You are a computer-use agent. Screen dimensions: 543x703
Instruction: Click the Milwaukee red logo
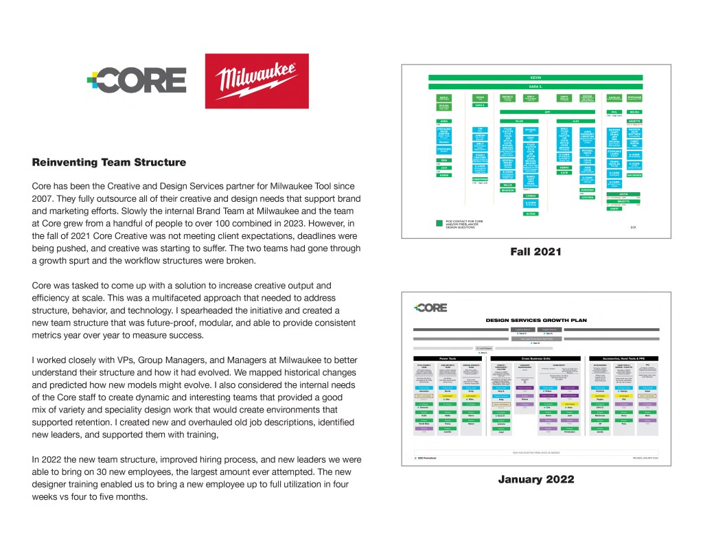point(257,81)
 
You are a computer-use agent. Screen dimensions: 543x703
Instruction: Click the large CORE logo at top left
point(137,81)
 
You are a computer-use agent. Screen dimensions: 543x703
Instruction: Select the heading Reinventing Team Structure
point(109,163)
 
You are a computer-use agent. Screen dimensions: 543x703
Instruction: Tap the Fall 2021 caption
point(535,253)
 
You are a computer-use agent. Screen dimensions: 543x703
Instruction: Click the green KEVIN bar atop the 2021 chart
point(535,78)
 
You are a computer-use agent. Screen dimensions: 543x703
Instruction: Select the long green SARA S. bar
point(535,87)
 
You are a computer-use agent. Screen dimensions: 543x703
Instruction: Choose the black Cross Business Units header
point(537,358)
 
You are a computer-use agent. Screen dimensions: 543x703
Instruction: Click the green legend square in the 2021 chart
point(439,223)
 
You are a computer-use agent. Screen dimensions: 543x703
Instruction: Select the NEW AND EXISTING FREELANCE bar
point(535,452)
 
